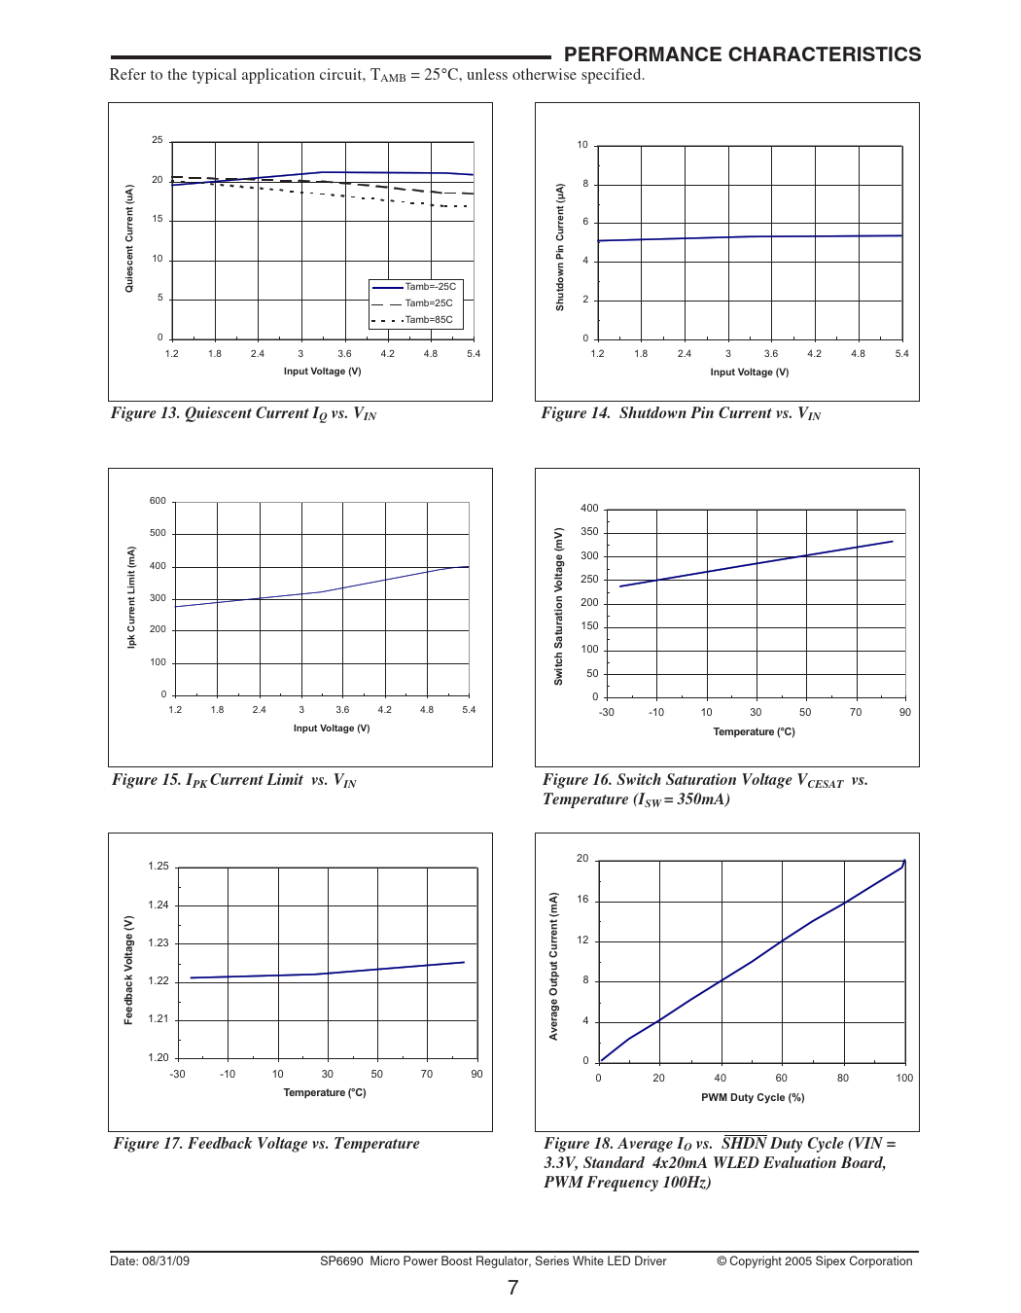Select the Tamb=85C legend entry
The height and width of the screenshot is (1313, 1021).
(x=429, y=320)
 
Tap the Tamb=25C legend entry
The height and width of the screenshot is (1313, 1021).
(x=429, y=303)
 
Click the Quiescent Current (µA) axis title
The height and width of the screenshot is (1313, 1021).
(x=129, y=238)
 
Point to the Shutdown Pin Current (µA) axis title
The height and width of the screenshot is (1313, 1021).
(x=560, y=247)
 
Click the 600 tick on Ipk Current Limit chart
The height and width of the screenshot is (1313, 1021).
(x=158, y=501)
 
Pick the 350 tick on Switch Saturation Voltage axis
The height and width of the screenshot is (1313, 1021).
(x=589, y=532)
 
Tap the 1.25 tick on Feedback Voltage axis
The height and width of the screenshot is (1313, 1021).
(x=158, y=866)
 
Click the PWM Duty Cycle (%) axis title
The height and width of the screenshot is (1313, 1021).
(x=753, y=1097)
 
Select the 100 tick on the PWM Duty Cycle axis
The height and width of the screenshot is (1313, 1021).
(x=904, y=1078)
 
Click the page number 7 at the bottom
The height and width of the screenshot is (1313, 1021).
(x=512, y=1288)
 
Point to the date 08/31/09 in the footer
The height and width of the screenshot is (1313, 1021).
(x=166, y=1261)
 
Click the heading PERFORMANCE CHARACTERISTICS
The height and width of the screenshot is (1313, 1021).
(x=742, y=54)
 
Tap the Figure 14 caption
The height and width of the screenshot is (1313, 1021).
(x=681, y=413)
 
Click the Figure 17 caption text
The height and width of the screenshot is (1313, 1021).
(x=266, y=1144)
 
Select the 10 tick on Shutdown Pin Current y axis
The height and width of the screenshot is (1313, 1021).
(x=582, y=145)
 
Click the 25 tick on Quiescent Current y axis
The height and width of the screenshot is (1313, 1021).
(x=158, y=140)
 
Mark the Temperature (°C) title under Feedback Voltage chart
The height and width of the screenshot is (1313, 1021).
(x=325, y=1092)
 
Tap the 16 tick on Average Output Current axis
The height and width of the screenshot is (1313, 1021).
(x=582, y=900)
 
